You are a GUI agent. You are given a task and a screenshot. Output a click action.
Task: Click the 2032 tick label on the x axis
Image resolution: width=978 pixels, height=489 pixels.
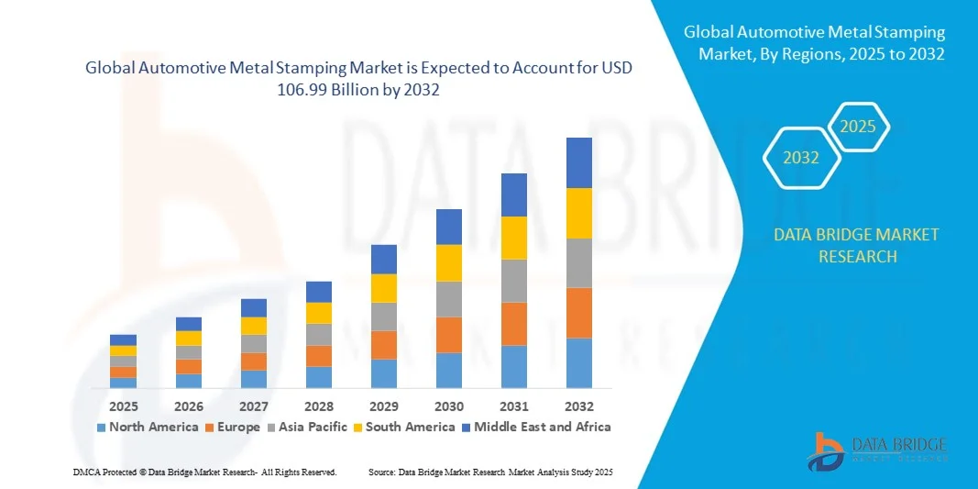coord(579,406)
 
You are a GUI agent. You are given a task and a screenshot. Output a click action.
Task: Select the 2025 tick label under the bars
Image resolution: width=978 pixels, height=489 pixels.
coord(123,406)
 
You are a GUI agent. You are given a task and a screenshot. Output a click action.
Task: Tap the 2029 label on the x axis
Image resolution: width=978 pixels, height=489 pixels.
coord(384,406)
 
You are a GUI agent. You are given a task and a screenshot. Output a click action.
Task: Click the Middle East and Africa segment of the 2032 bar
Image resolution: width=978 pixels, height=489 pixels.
coord(579,162)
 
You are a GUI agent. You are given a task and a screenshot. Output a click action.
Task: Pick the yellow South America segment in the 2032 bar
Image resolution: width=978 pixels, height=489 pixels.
coord(579,213)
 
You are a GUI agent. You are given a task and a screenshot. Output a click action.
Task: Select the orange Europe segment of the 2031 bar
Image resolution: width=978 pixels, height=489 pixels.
coord(514,324)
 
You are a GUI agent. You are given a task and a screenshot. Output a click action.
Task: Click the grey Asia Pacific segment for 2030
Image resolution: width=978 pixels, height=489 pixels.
coord(449,299)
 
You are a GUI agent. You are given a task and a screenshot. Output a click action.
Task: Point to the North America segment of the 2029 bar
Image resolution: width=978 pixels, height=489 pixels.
coord(384,373)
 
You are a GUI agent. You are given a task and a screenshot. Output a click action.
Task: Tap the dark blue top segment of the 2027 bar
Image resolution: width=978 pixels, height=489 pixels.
coord(254,308)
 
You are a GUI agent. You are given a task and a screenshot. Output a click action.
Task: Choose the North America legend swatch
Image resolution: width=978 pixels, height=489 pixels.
coord(101,428)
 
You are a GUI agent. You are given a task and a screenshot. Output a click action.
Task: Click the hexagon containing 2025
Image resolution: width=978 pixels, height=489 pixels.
coord(859,127)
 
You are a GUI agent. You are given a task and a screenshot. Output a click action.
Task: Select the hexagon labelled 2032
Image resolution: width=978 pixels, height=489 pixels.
coord(801,158)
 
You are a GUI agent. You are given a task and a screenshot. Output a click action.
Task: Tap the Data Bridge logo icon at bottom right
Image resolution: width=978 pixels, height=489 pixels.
coord(829,450)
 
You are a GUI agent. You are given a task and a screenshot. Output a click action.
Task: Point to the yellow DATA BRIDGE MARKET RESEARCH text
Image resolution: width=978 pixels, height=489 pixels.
coord(856,245)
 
